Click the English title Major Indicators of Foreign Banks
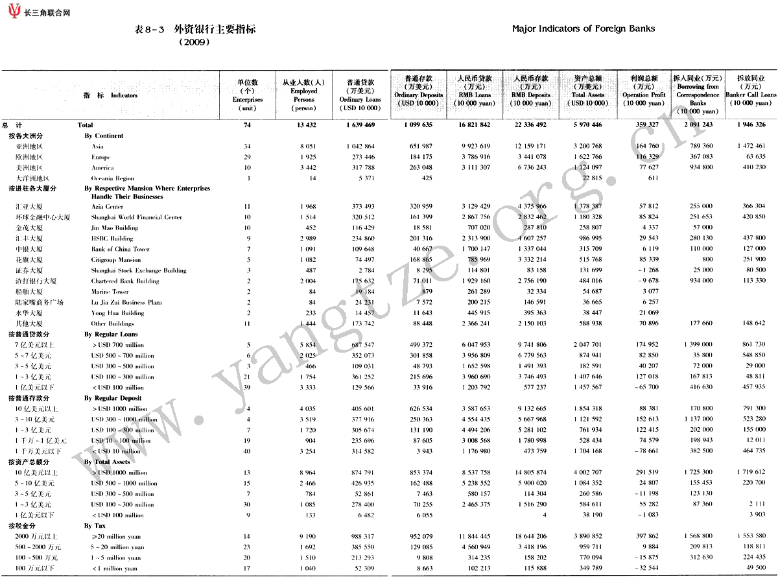point(583,29)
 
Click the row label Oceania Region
point(112,178)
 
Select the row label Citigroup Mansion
point(116,260)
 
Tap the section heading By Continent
point(104,136)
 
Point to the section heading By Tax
point(95,526)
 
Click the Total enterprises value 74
point(247,125)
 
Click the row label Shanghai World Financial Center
point(136,217)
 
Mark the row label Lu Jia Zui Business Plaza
point(126,302)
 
